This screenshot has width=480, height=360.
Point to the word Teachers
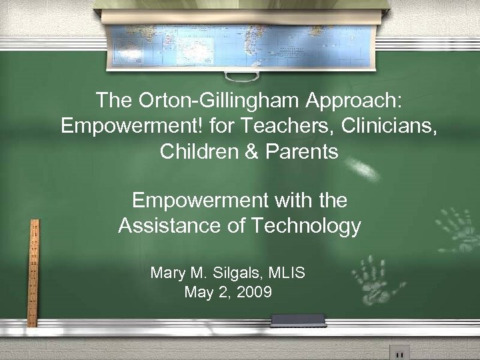(x=257, y=126)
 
